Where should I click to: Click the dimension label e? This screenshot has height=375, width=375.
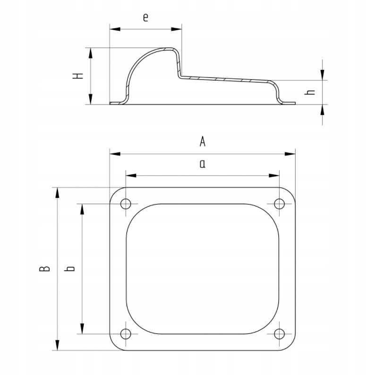tap(145, 17)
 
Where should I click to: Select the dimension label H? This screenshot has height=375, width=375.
tap(78, 76)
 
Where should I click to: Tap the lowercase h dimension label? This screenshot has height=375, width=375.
tap(310, 92)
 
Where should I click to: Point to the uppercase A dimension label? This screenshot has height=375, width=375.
tap(202, 141)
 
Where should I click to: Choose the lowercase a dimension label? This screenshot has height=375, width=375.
tap(202, 164)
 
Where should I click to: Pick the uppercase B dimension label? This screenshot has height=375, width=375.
tap(44, 269)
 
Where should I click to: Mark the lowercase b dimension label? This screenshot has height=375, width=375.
tap(69, 269)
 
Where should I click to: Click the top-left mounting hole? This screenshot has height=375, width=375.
tap(126, 204)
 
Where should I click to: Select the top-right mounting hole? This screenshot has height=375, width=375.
tap(279, 204)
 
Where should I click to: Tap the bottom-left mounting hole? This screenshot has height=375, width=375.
tap(126, 334)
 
